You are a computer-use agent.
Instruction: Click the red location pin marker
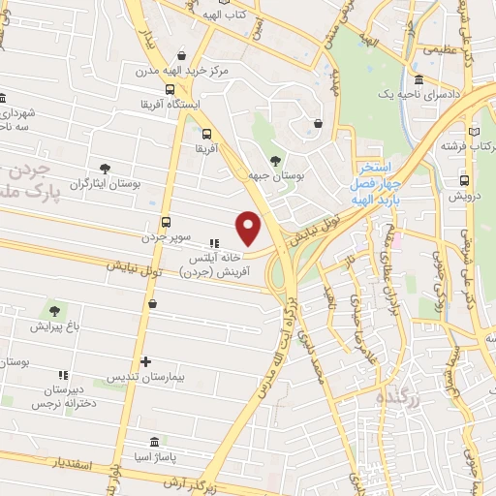(250, 228)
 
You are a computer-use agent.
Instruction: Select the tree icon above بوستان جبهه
(276, 161)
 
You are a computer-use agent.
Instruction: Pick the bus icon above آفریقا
(207, 134)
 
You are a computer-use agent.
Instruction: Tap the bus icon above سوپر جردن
(166, 222)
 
